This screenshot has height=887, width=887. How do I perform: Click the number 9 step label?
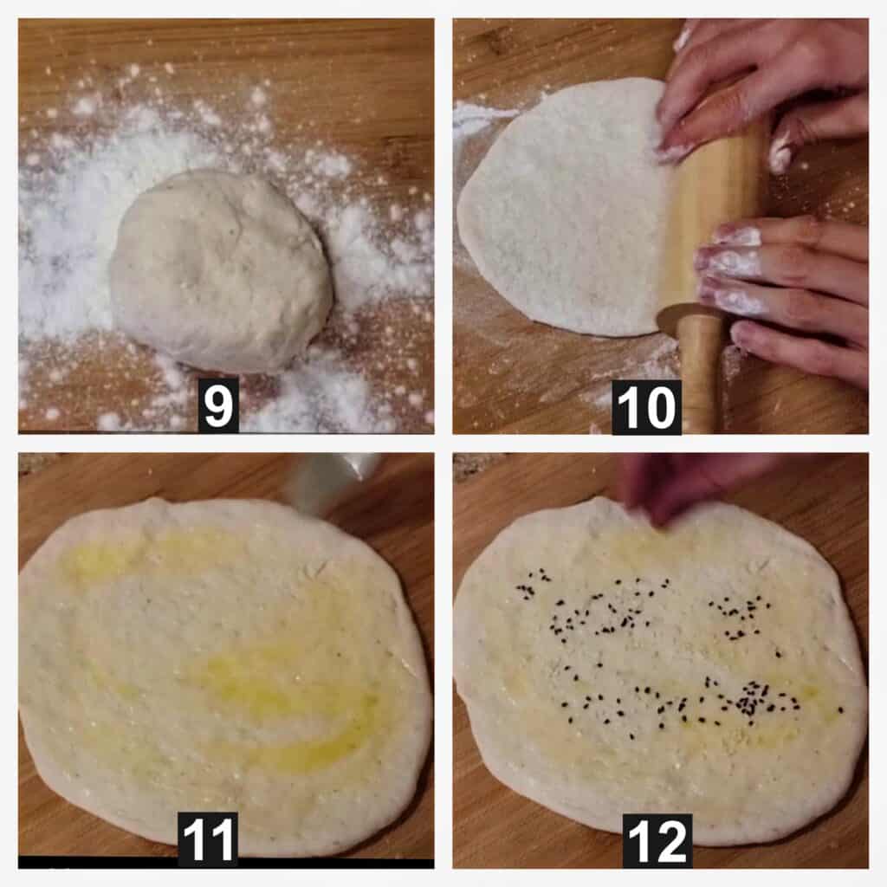pyautogui.click(x=218, y=405)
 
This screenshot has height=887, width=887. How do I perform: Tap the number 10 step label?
pyautogui.click(x=646, y=407)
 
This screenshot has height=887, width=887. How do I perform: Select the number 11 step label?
pyautogui.click(x=208, y=839)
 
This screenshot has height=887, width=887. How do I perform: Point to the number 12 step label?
pyautogui.click(x=657, y=840)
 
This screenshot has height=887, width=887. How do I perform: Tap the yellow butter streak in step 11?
pyautogui.click(x=295, y=696)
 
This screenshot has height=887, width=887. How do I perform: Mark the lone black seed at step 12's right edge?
pyautogui.click(x=840, y=709)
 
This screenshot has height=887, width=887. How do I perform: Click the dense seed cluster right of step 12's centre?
pyautogui.click(x=753, y=699)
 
